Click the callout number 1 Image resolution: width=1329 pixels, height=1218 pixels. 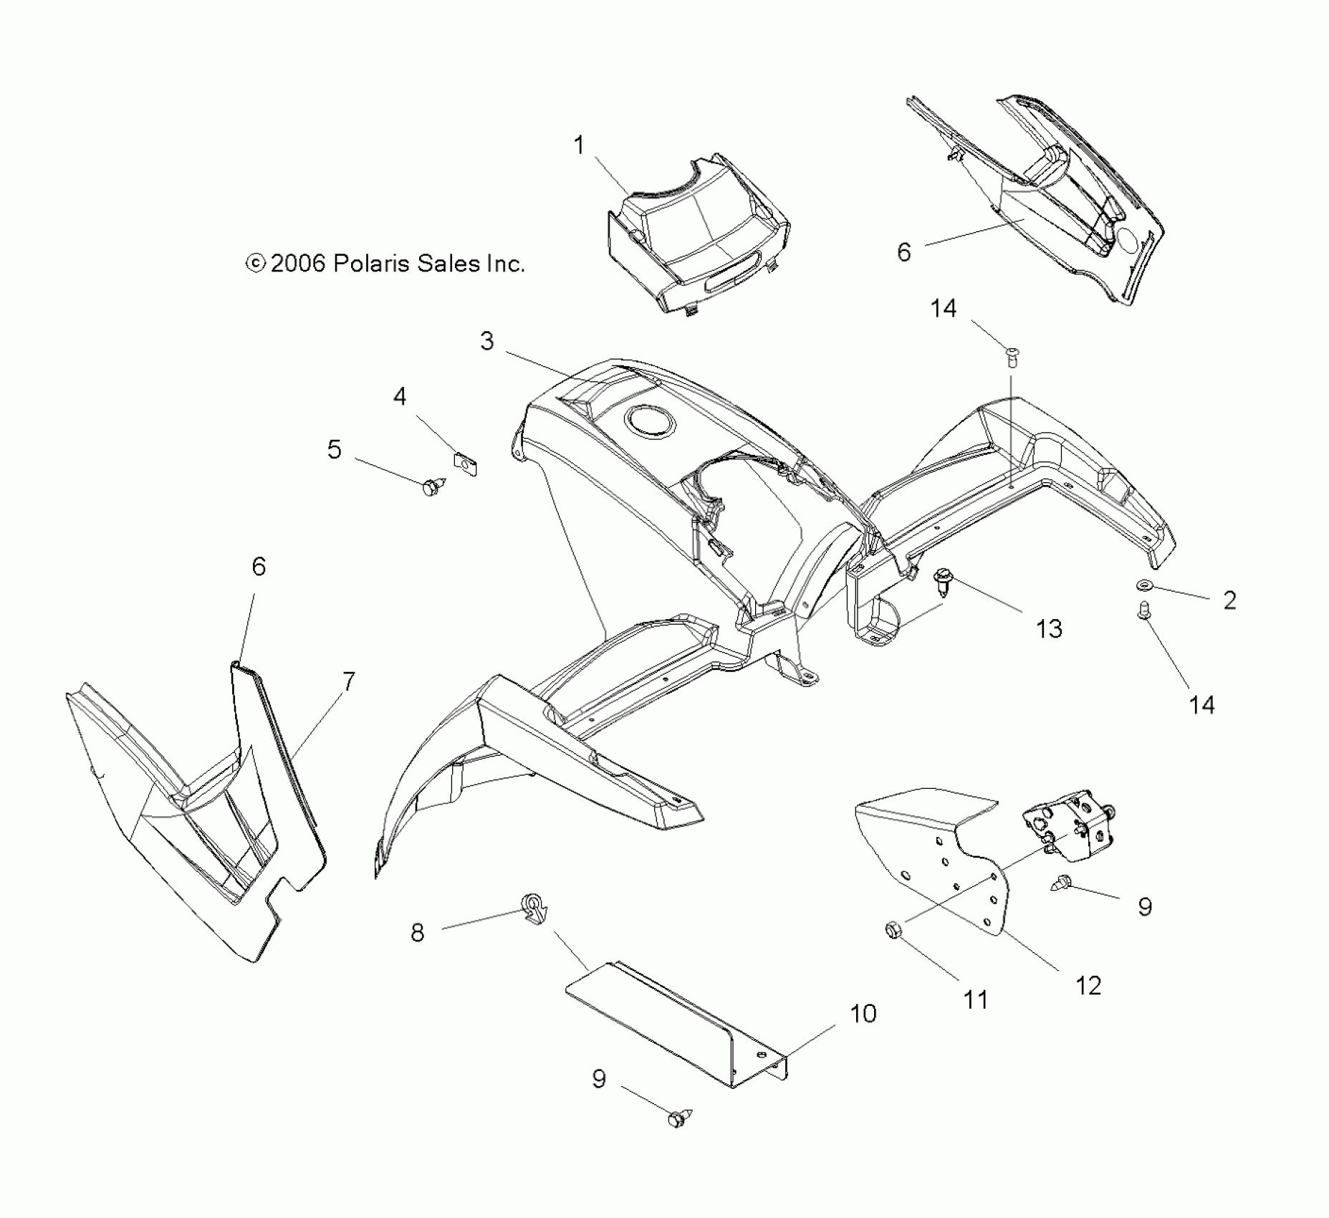[579, 146]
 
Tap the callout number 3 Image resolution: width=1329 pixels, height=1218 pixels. [487, 341]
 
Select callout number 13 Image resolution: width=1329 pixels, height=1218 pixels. [1049, 629]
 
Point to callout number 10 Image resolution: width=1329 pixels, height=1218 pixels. [863, 1014]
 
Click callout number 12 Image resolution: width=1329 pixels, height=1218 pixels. [1088, 986]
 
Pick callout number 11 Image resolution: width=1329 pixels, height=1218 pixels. [976, 999]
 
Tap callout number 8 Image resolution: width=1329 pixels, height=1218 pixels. [417, 932]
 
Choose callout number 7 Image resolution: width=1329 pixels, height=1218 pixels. [348, 681]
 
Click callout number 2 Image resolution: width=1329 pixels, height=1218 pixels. [1229, 600]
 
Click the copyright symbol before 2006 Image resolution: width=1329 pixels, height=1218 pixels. [255, 264]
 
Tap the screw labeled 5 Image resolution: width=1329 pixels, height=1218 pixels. [432, 487]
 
